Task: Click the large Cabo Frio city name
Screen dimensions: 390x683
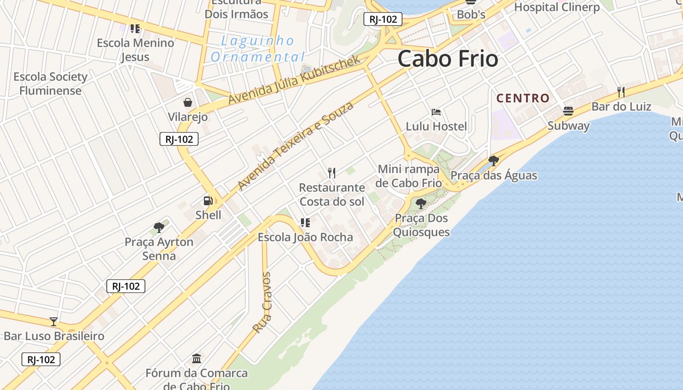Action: [448, 59]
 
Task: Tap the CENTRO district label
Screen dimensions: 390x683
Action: [523, 98]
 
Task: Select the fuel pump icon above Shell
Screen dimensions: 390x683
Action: [208, 200]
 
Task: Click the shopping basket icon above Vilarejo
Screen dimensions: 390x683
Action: [188, 102]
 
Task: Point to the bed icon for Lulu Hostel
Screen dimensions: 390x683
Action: [436, 112]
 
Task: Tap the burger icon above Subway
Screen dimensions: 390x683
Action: [568, 111]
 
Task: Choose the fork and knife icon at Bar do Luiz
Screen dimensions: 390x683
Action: [621, 92]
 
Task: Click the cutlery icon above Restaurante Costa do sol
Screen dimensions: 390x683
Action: [332, 173]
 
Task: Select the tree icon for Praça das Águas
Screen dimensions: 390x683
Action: [494, 160]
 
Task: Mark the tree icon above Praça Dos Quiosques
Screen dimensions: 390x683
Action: [421, 203]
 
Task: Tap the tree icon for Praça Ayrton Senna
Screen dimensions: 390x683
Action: [159, 227]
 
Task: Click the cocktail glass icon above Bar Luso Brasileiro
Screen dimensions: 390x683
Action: [54, 322]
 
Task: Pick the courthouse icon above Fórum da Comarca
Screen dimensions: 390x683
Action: [197, 359]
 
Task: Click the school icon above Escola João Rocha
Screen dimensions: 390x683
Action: [305, 223]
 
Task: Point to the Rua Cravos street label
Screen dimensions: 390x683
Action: [262, 303]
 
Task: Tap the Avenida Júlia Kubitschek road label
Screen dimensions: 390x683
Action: [294, 79]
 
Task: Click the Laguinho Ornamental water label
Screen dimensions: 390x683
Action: [258, 49]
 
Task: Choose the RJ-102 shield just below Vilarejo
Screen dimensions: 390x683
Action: [179, 139]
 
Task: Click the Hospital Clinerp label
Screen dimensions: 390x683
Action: [557, 7]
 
